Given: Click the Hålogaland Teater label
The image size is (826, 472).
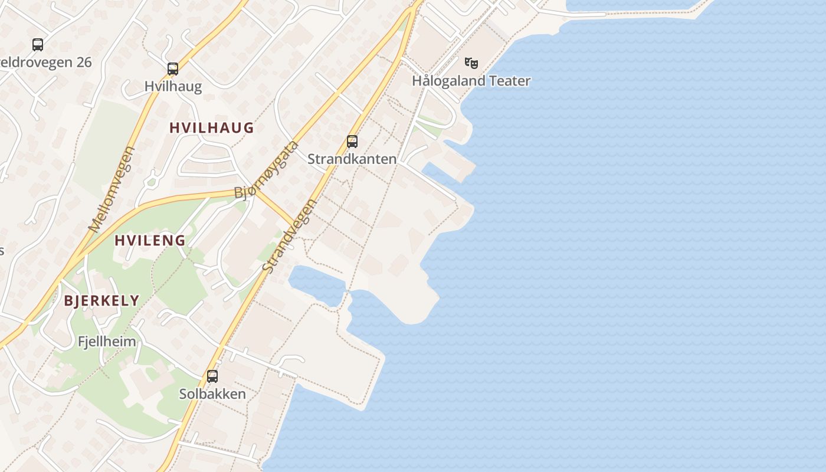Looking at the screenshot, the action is (471, 81).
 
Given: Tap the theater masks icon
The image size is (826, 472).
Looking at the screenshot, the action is (471, 62).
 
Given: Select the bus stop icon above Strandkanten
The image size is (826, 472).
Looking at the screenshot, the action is (352, 141).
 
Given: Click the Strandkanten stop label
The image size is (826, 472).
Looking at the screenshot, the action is (352, 159).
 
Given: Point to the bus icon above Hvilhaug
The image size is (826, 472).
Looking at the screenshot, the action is (173, 68).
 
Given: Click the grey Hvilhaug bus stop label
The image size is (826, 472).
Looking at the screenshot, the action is (173, 87).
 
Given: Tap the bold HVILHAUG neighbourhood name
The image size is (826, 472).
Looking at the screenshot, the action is (211, 127).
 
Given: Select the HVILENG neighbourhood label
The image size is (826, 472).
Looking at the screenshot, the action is (150, 240).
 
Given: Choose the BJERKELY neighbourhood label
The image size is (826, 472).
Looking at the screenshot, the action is (101, 300).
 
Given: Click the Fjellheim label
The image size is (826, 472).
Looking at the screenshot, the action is (107, 342).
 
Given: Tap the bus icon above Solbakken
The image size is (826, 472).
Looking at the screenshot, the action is (212, 376).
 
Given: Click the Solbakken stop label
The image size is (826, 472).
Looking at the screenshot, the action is (212, 394).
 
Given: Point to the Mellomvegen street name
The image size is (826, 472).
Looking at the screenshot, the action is (112, 189).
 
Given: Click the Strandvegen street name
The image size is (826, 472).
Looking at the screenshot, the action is (290, 236).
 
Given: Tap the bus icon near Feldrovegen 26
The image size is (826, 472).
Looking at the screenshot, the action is (38, 44).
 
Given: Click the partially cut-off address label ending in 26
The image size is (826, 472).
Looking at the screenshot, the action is (46, 62).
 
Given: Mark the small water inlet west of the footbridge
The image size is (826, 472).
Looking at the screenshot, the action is (316, 284).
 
